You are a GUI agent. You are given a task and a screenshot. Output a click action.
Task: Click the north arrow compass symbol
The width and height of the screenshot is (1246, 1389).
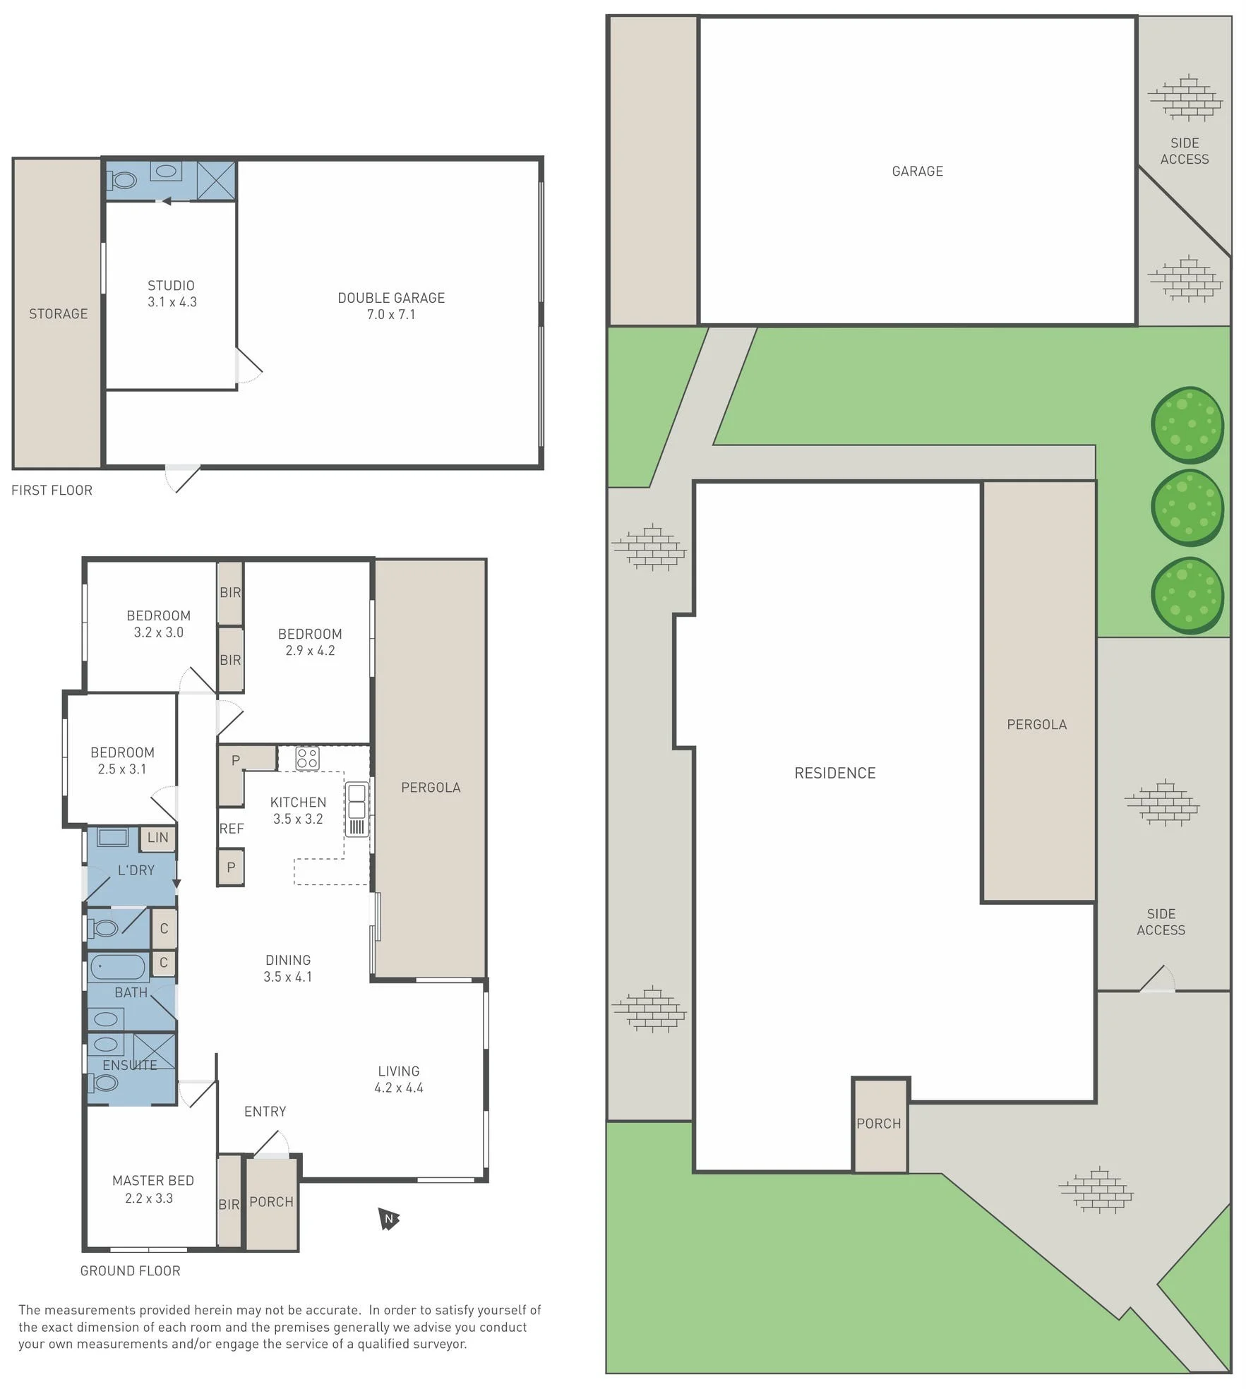[x=388, y=1219]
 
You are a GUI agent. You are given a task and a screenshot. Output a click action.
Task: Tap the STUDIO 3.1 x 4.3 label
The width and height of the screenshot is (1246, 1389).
[x=172, y=294]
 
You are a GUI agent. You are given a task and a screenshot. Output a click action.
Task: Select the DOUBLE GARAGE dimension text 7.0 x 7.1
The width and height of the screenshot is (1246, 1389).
[x=391, y=315]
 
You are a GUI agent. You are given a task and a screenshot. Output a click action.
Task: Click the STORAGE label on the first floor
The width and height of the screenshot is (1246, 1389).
[x=59, y=314]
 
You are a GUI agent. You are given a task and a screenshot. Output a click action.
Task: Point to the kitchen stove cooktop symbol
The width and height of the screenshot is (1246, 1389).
[x=308, y=758]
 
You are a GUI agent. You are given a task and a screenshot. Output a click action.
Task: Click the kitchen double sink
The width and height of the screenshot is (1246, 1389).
[x=357, y=800]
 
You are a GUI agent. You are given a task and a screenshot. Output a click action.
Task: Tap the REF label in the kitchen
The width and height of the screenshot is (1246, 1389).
[x=232, y=829]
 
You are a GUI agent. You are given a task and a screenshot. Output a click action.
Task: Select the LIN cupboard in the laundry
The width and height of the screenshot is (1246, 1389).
[x=158, y=838]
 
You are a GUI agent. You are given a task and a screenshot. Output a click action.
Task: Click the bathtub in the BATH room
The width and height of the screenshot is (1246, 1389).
[x=117, y=966]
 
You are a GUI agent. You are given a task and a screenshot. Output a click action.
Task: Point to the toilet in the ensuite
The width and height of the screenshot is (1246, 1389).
[x=103, y=1082]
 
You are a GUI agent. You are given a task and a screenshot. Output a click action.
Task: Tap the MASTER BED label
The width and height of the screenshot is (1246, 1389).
[x=153, y=1181]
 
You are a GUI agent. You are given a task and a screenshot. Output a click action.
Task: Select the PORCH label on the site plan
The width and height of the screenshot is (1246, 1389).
[x=879, y=1124]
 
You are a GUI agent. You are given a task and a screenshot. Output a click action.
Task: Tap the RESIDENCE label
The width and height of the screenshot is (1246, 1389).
[x=835, y=773]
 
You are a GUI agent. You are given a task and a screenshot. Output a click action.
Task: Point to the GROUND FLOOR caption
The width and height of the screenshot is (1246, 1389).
[x=131, y=1271]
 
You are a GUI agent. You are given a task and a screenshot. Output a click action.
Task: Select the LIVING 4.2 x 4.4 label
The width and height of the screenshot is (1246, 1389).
[x=399, y=1079]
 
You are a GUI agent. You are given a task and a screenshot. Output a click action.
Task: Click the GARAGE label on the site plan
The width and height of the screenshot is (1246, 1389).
[x=918, y=171]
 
